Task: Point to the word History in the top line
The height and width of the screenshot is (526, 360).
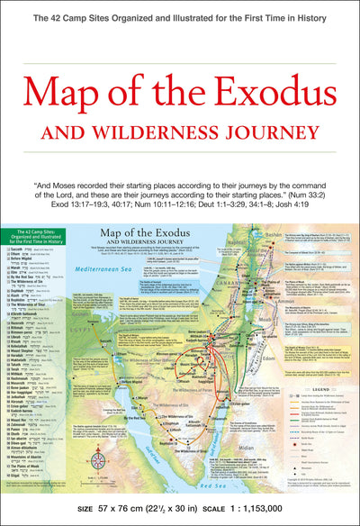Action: [328, 17]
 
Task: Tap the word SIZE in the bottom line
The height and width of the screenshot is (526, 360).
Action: [85, 508]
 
